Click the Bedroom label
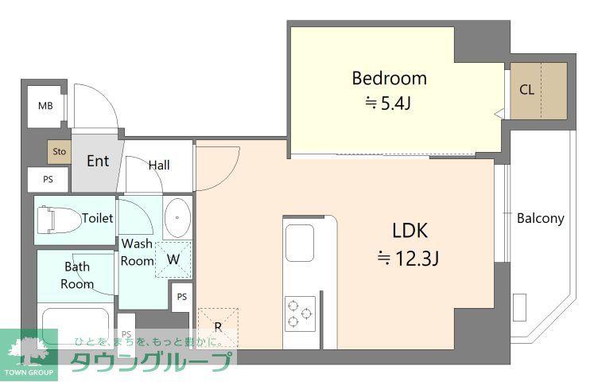click(389, 79)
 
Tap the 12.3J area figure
click(417, 259)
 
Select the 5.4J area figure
click(395, 103)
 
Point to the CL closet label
click(526, 90)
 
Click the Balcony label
click(540, 218)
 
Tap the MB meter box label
click(45, 106)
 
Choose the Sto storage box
click(59, 152)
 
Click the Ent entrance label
click(98, 161)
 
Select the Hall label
click(159, 166)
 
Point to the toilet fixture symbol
click(59, 220)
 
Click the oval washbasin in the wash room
click(177, 217)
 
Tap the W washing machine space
click(173, 259)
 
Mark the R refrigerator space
click(218, 326)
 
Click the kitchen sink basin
click(299, 243)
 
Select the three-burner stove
click(300, 314)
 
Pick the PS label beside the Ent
click(49, 179)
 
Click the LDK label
click(410, 231)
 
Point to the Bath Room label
click(77, 275)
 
